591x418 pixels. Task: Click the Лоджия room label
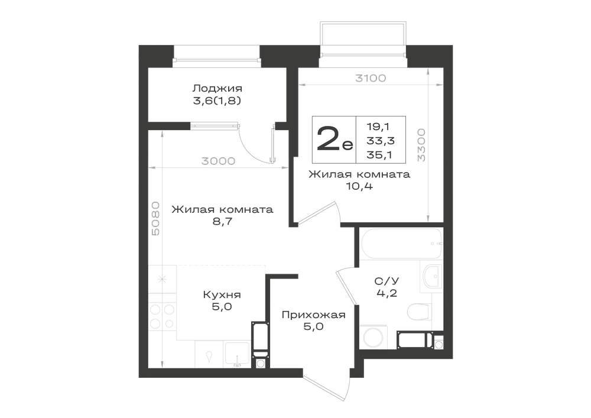(217, 89)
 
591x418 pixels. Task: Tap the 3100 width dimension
(371, 78)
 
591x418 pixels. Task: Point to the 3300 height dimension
(421, 145)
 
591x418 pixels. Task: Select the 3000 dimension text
(218, 161)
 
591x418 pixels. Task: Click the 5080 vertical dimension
(155, 219)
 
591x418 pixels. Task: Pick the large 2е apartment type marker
(334, 139)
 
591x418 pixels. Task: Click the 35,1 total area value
(381, 154)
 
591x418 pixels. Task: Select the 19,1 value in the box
(378, 127)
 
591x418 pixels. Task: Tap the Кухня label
(222, 294)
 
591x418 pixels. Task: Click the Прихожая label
(314, 315)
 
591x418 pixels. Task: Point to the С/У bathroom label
(387, 281)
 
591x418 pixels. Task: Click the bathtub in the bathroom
(401, 244)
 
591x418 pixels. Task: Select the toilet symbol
(419, 311)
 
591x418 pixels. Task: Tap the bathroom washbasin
(432, 277)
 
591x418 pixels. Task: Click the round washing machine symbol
(373, 336)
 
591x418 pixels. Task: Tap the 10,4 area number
(359, 186)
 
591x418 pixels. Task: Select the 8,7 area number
(222, 221)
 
